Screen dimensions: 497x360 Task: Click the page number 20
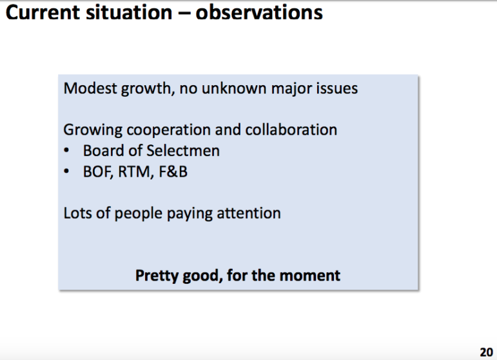486,352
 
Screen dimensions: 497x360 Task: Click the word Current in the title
43,13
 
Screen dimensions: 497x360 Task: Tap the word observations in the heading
259,13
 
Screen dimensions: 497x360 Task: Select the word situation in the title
129,13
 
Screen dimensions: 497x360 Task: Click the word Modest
90,88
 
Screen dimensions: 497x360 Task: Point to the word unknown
234,88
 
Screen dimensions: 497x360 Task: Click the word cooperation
168,130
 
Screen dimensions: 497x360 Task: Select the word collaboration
291,130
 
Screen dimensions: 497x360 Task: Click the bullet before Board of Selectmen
66,150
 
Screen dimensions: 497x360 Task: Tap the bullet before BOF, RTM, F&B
66,172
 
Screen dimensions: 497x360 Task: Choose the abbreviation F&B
173,172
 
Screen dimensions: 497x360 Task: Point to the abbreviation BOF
98,172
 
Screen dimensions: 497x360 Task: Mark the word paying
190,214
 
